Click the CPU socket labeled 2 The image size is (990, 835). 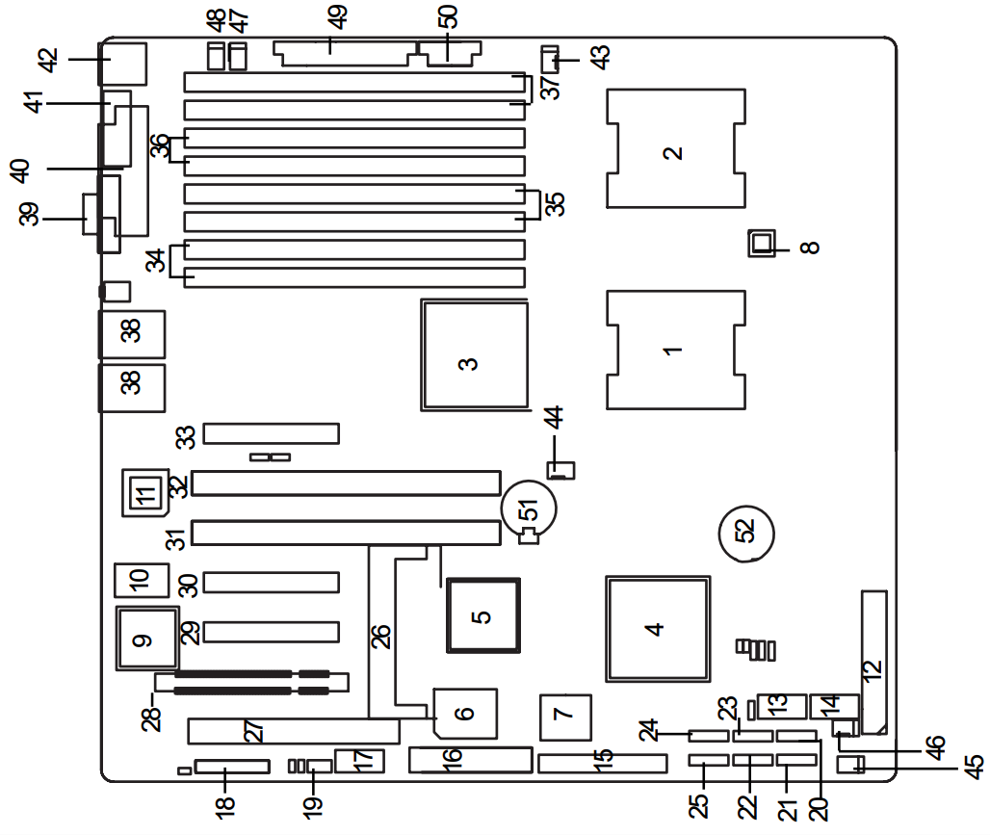(x=675, y=148)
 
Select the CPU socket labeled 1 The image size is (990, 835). (x=675, y=350)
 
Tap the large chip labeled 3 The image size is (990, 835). (x=474, y=356)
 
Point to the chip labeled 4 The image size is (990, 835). (x=658, y=629)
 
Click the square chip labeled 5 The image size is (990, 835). (x=482, y=613)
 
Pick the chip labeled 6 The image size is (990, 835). (x=465, y=714)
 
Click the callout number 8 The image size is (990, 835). (x=811, y=247)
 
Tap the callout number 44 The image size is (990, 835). (x=553, y=419)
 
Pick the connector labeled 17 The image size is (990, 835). (x=359, y=761)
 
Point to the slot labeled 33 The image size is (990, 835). (x=272, y=434)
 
